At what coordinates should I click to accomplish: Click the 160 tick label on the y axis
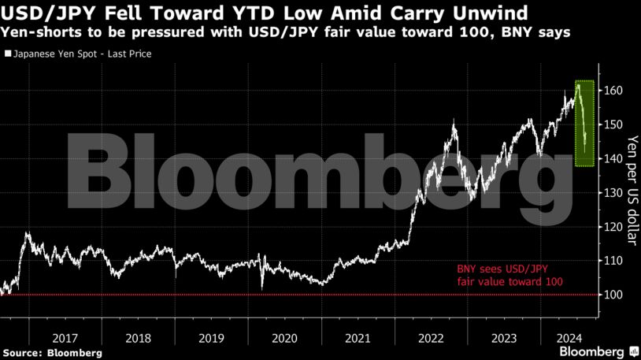tap(614, 91)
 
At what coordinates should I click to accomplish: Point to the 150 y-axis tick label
tap(614, 124)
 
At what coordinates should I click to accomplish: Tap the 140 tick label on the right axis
tap(614, 158)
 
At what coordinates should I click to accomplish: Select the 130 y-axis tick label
tap(614, 193)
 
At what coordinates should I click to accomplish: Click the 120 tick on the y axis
tap(614, 227)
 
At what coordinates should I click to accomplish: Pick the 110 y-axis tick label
tap(614, 261)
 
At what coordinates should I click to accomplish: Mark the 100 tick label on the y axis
tap(614, 295)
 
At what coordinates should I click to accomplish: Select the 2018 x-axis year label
tap(139, 338)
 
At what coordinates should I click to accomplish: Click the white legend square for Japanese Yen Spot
tap(8, 54)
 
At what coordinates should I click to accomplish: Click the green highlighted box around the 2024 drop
tap(584, 123)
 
